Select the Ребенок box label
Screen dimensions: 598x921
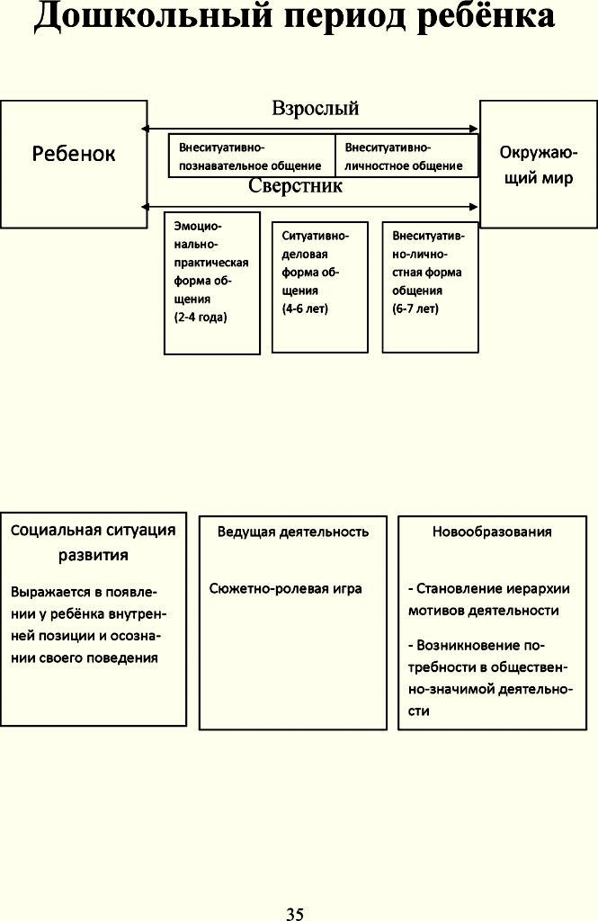[74, 154]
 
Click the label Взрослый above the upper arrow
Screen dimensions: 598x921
[316, 109]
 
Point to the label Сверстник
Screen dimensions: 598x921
[296, 185]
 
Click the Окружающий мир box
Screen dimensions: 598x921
[539, 164]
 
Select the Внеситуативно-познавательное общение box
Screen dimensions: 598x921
[252, 156]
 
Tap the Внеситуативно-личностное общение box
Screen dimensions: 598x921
[406, 156]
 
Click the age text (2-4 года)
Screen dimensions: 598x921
[201, 317]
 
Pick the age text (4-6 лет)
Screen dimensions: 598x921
[305, 308]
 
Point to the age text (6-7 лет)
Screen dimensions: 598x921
[415, 308]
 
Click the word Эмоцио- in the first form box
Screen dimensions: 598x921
[198, 226]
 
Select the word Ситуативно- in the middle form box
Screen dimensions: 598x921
[316, 237]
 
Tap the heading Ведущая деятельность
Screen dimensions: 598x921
[293, 532]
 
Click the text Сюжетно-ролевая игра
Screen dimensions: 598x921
[285, 588]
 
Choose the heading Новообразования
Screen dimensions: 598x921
[492, 532]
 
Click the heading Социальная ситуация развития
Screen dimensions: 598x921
[94, 542]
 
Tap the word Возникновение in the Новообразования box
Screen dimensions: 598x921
[469, 646]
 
